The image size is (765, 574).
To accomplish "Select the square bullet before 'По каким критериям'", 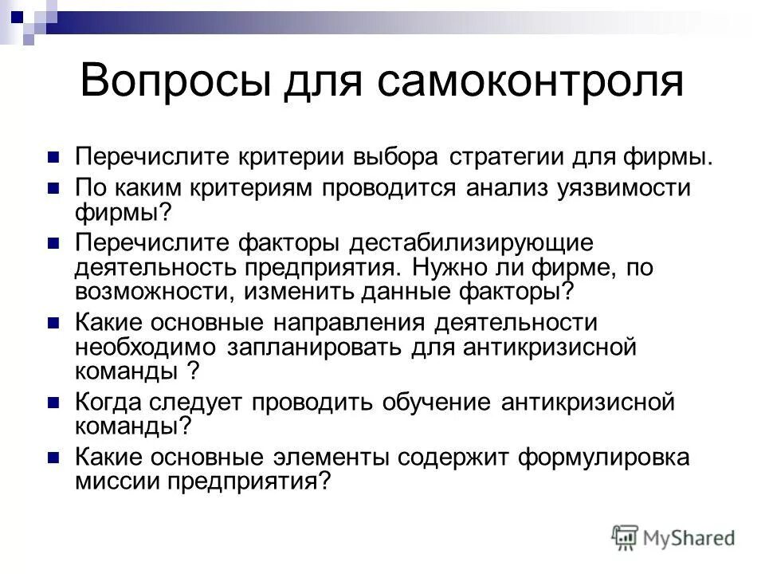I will (x=54, y=189).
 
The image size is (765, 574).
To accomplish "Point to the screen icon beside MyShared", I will (x=626, y=537).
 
